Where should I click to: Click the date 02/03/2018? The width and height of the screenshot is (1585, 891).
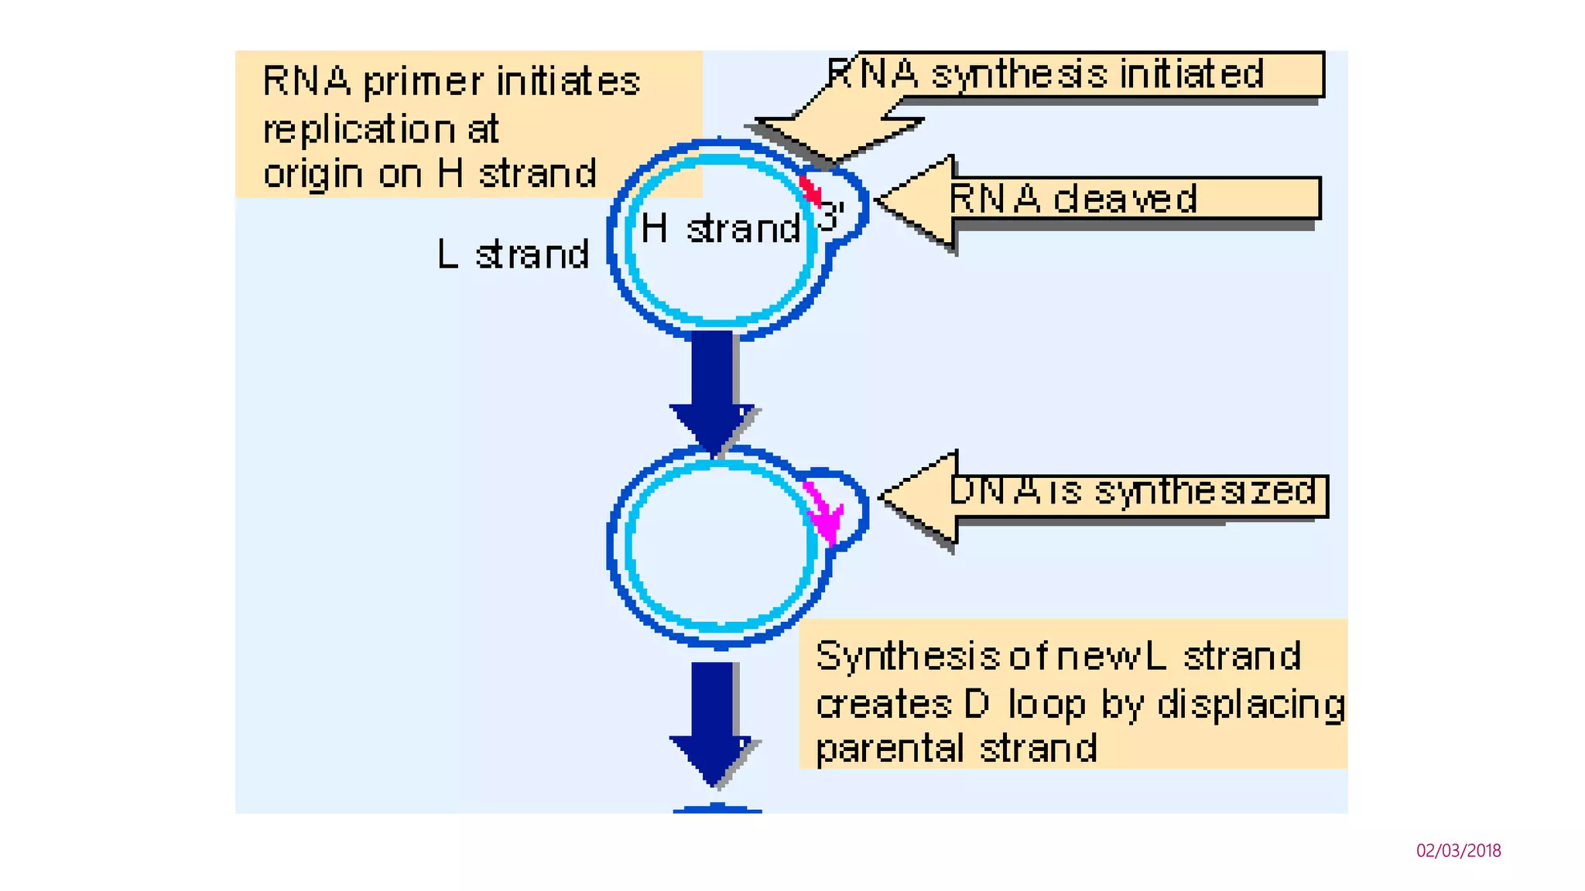pos(1458,851)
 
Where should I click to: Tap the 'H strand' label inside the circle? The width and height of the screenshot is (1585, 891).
pos(721,229)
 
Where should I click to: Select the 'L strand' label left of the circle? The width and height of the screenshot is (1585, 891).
pos(513,254)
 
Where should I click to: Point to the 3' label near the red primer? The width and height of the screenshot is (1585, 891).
pos(831,217)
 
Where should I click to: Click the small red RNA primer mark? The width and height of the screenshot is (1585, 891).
pos(810,190)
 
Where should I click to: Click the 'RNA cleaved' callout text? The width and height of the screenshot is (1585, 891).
pos(1073,199)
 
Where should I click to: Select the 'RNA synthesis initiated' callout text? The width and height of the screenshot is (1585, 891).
pos(1045,75)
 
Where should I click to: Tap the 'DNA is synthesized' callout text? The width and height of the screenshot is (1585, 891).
pos(1131,491)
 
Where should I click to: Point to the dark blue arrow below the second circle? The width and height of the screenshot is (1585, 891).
pos(712,720)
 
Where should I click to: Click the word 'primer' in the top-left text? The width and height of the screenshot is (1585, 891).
pos(423,82)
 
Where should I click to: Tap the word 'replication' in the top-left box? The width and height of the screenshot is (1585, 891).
pos(358,129)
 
